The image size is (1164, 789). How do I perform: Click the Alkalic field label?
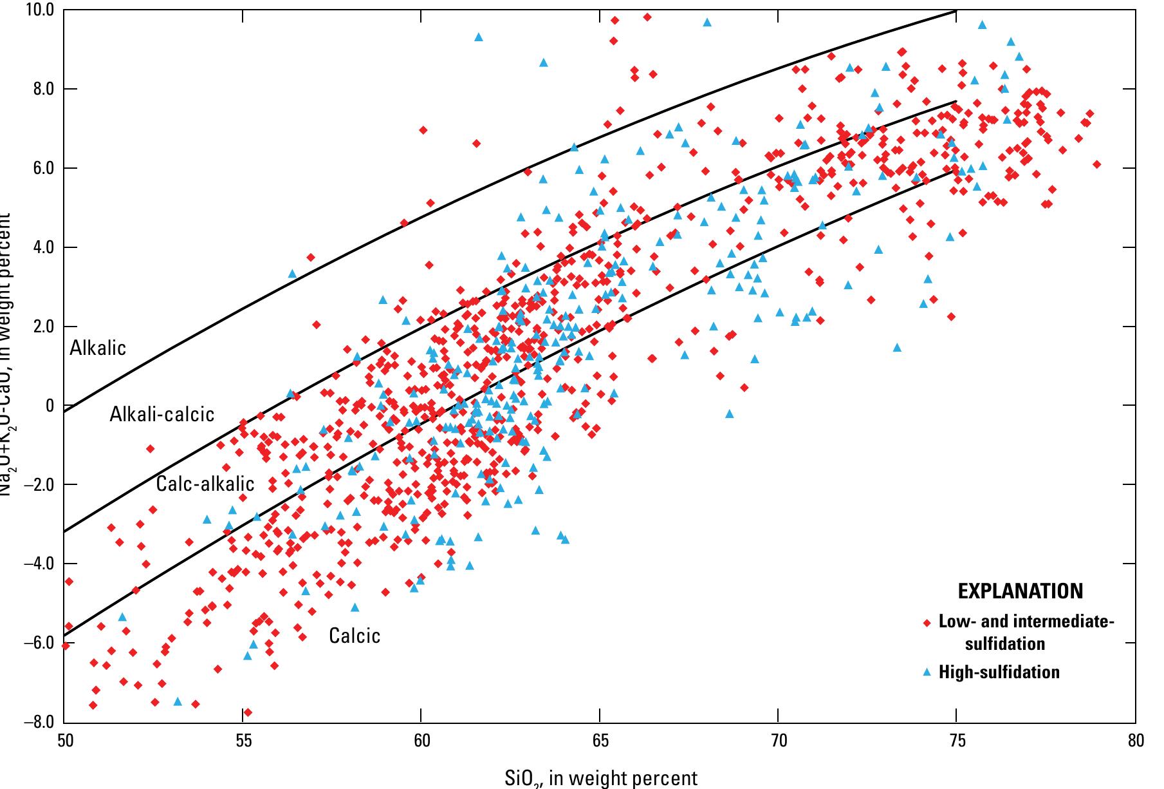(x=98, y=348)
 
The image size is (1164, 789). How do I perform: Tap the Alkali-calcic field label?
(x=162, y=414)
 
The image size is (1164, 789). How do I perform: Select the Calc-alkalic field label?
(x=205, y=484)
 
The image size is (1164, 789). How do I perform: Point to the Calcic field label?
(x=355, y=636)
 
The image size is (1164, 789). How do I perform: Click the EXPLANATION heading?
(x=1021, y=591)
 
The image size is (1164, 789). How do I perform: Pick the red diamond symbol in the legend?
(x=927, y=623)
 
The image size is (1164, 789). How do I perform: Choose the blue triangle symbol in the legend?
(x=927, y=672)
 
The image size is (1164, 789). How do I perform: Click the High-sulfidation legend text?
(x=999, y=672)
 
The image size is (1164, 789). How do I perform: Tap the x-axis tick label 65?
(x=599, y=740)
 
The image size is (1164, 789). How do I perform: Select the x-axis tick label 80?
(x=1136, y=740)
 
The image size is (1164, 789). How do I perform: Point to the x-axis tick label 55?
(x=243, y=740)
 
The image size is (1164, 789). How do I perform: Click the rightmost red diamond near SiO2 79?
(x=1096, y=164)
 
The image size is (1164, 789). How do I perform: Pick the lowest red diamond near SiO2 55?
(x=248, y=712)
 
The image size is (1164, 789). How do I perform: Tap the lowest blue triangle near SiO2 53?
(x=178, y=701)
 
